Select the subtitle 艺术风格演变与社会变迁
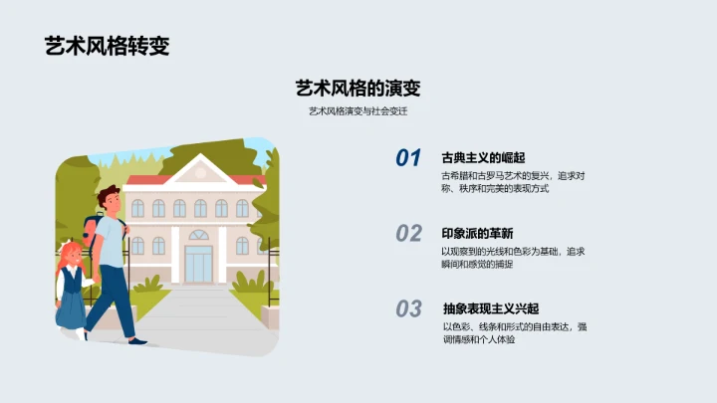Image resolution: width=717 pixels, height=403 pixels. (x=358, y=111)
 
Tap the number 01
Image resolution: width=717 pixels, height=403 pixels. (x=408, y=158)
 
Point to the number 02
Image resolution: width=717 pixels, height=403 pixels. (x=408, y=234)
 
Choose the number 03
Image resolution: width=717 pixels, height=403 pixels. (x=408, y=309)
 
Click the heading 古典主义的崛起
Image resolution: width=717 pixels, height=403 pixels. (x=483, y=157)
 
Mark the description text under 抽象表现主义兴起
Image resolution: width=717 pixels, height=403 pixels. (x=514, y=333)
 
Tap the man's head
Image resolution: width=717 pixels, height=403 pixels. (x=110, y=200)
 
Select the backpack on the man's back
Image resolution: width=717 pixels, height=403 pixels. (x=93, y=234)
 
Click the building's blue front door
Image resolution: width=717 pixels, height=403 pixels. (x=199, y=263)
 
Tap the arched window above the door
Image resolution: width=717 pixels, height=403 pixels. (x=199, y=236)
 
